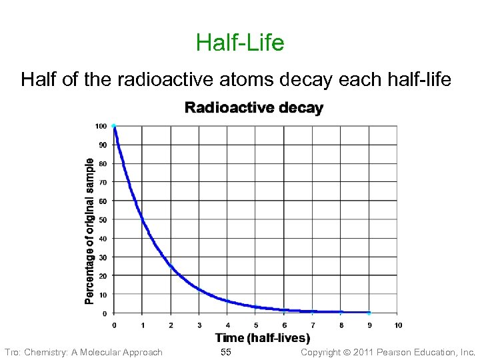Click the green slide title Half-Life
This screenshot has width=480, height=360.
(240, 43)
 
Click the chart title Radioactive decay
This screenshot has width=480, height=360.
(253, 108)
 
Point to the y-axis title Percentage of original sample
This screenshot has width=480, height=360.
(89, 231)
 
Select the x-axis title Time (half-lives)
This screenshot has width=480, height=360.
(263, 338)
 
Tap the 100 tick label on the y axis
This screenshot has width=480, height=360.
(101, 126)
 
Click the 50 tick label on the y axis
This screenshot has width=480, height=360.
(102, 220)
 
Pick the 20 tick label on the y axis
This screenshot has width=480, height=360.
(102, 276)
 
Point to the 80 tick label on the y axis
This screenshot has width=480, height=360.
(102, 164)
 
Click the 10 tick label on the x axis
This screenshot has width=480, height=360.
(398, 325)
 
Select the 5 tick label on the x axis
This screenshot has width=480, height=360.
(256, 325)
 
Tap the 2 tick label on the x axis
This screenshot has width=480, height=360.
(171, 325)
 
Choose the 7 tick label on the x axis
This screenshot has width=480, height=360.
(313, 325)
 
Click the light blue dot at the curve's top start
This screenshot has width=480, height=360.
(114, 125)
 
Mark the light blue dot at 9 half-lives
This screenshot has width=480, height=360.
(369, 313)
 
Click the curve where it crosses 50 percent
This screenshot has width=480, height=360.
(142, 219)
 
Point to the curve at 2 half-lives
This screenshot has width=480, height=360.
(171, 266)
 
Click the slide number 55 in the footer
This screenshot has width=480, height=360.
(225, 352)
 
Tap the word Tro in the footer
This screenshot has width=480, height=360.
(11, 352)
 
